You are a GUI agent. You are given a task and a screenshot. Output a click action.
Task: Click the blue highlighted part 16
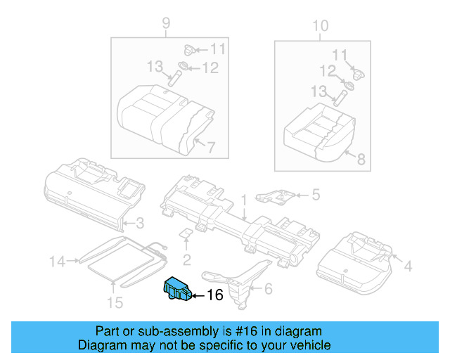177,288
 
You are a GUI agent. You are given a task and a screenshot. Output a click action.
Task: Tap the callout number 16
215,295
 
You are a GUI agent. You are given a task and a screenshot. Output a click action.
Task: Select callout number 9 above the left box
166,23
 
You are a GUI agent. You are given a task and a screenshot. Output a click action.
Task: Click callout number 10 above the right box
321,26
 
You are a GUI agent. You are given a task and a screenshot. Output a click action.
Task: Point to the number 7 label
211,148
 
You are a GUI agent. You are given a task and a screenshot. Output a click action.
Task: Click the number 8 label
361,159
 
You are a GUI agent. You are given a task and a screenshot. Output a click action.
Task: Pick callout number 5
316,195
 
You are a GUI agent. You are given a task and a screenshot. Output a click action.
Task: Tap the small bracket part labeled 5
275,196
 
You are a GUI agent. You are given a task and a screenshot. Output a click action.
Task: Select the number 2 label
187,260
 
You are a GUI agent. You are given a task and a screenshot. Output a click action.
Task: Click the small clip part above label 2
186,233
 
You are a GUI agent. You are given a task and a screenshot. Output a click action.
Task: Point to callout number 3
140,223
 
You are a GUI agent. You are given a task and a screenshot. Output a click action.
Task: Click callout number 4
408,266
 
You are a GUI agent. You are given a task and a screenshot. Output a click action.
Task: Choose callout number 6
268,288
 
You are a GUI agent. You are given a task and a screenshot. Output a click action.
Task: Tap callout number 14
58,262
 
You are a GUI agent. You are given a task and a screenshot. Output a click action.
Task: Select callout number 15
115,302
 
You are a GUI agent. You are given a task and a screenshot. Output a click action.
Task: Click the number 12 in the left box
211,68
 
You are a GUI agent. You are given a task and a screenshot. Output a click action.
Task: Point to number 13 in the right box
319,91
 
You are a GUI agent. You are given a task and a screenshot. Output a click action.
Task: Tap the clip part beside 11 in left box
189,50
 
